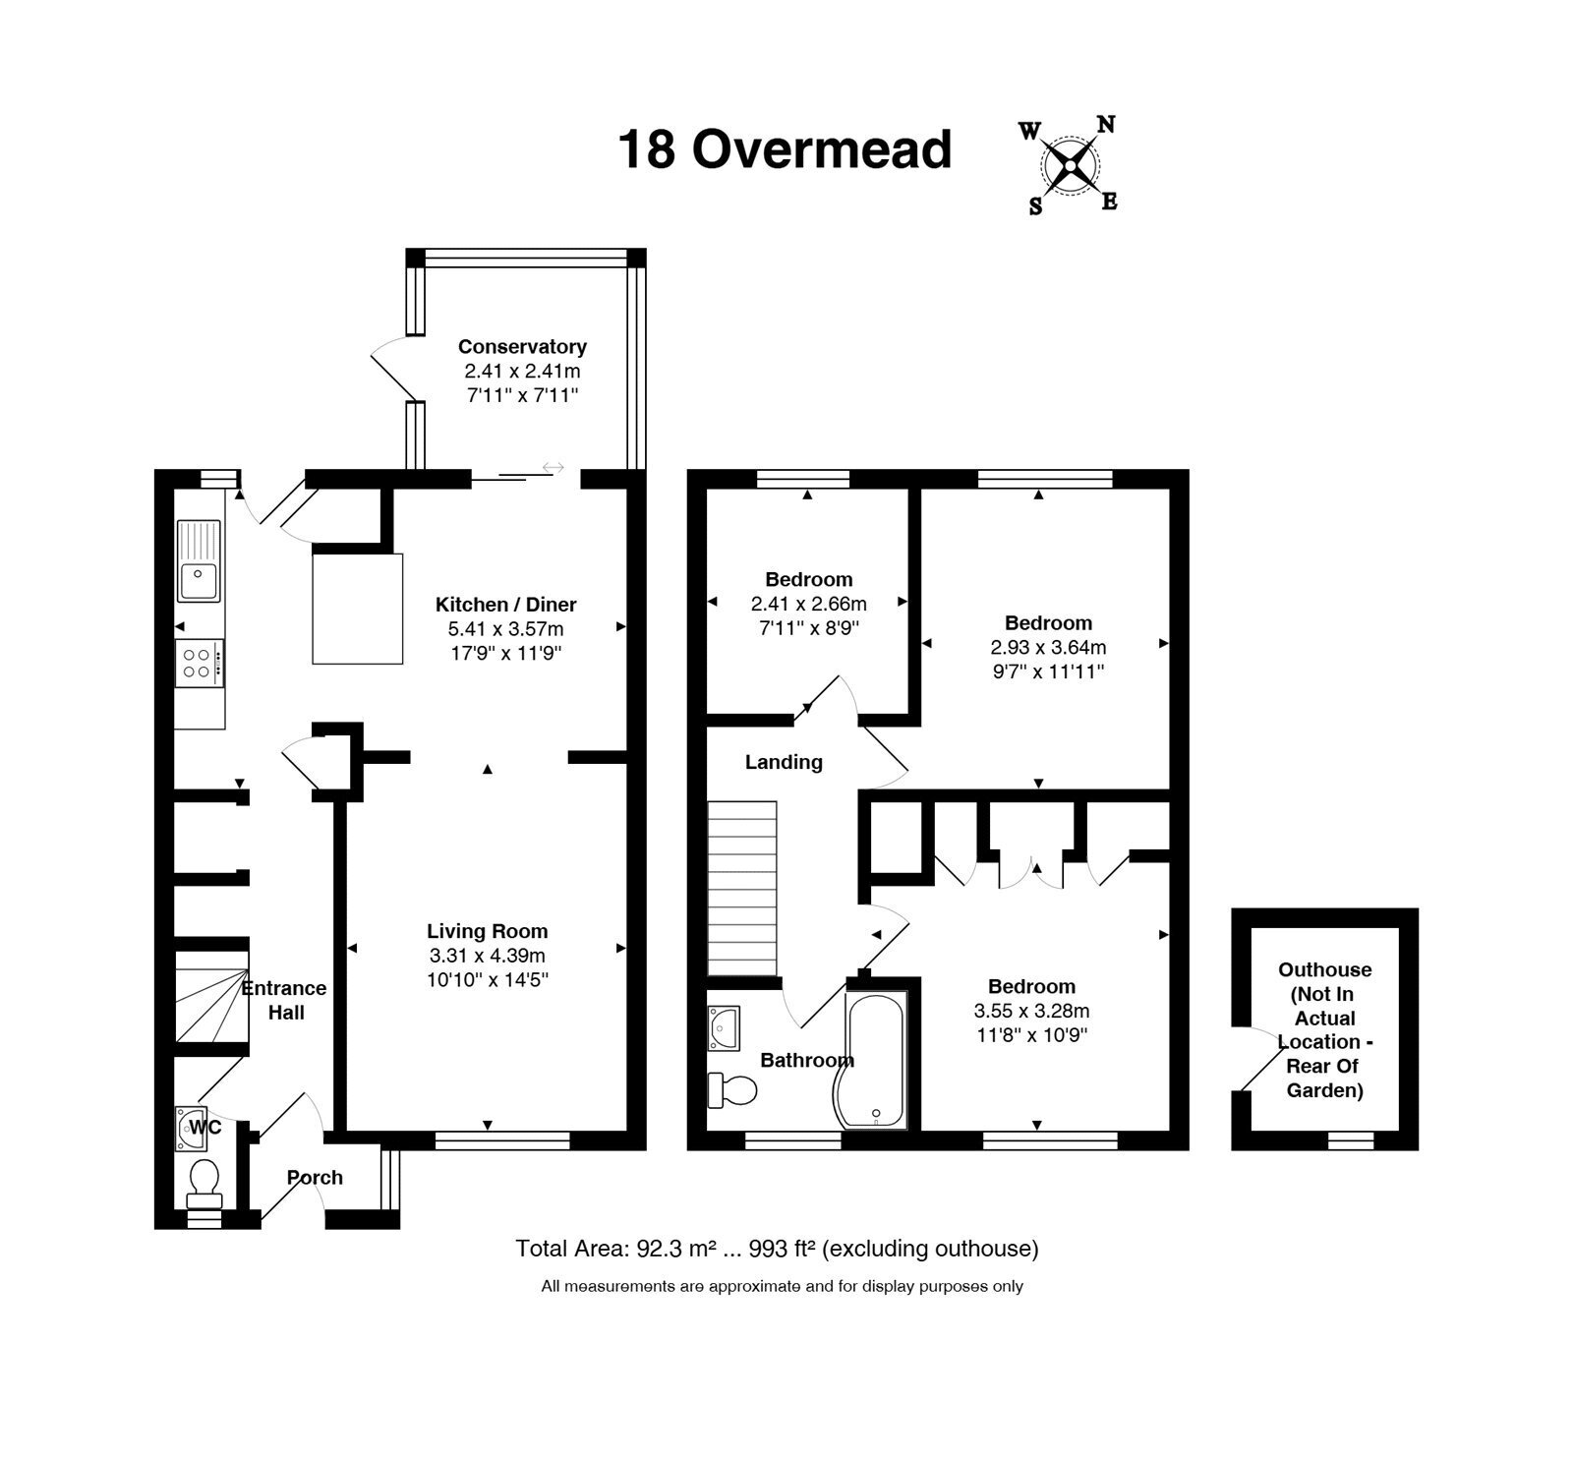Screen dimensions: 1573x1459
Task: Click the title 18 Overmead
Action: tap(785, 149)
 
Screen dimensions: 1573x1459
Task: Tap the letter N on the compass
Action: tap(1106, 125)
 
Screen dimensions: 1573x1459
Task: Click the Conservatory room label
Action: tap(522, 346)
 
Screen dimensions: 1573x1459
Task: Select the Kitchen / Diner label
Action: tap(505, 605)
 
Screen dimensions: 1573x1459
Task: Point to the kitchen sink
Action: tap(199, 560)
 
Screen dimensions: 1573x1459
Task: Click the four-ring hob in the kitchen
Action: tap(200, 664)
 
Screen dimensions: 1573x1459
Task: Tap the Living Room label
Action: tap(487, 931)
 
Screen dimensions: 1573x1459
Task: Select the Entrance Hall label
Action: tap(284, 1000)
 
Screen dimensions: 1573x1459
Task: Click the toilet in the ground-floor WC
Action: tap(204, 1183)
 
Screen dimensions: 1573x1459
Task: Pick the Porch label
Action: tap(315, 1177)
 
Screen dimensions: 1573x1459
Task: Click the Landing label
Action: tap(784, 762)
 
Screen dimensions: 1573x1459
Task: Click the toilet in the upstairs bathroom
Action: tap(732, 1089)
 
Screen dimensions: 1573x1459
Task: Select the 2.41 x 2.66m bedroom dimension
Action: tap(809, 604)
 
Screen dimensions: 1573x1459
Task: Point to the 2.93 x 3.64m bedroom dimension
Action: tap(1048, 647)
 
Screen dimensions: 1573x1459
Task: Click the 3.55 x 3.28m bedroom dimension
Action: tap(1031, 1011)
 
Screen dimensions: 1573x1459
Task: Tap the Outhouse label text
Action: tap(1324, 1029)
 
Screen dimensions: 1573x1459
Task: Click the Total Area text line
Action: tap(777, 1249)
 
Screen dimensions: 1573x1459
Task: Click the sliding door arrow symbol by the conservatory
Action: tap(553, 467)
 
